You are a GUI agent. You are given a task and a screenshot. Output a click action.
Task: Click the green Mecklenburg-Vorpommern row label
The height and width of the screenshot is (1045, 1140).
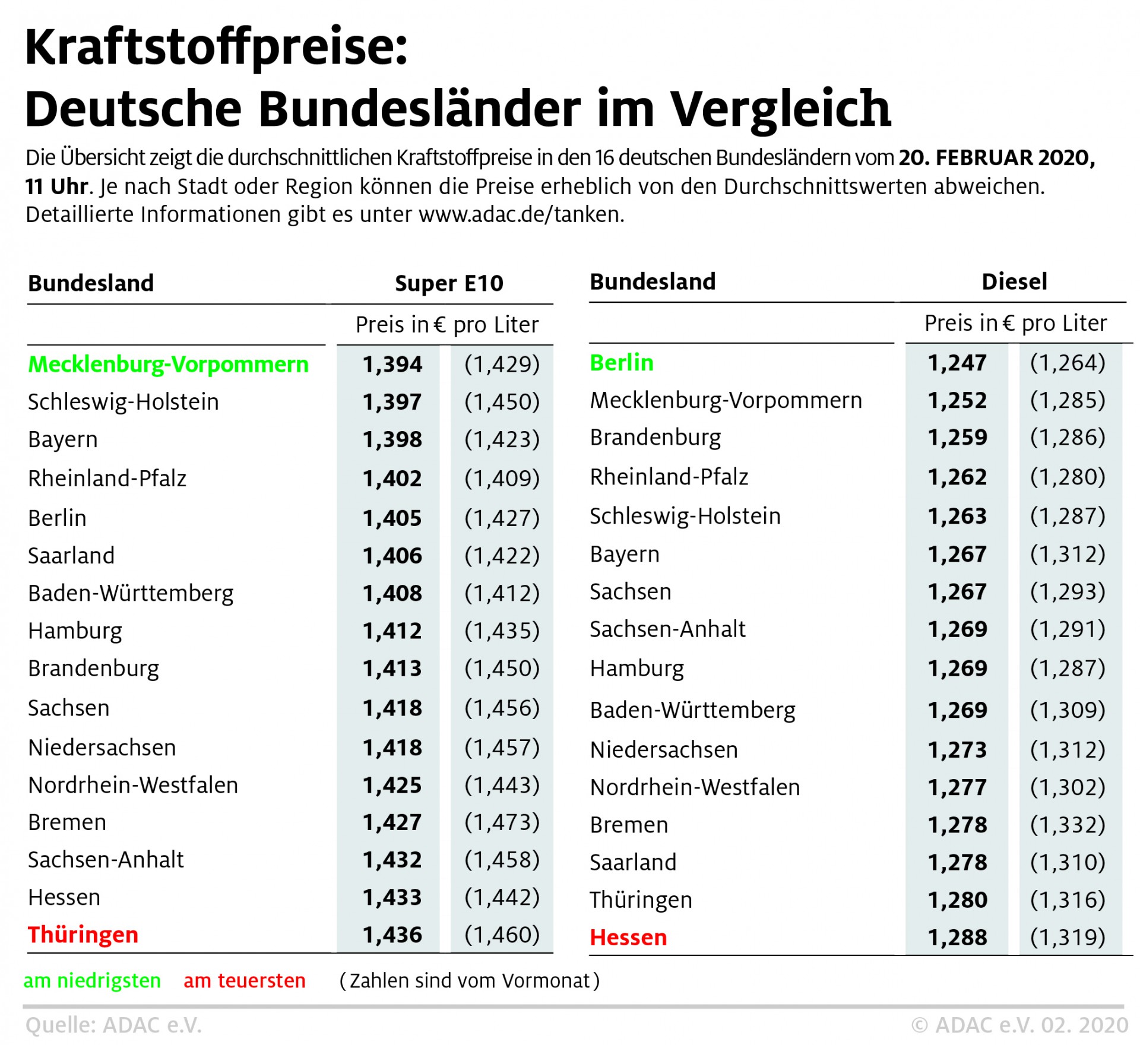pos(168,364)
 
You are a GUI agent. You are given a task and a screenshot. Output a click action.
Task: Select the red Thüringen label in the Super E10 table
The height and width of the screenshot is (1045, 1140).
pos(83,935)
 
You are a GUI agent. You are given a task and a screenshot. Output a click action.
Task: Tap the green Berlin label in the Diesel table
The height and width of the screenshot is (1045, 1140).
pos(621,362)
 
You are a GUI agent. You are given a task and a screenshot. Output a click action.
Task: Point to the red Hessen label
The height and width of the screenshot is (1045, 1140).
pos(628,938)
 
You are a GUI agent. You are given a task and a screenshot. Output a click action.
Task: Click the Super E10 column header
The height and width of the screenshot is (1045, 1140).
pos(449,283)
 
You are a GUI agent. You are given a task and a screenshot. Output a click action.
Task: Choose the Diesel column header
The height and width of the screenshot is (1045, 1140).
pos(1014,281)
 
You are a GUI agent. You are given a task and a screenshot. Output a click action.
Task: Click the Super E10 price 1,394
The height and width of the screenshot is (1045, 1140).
pos(392,364)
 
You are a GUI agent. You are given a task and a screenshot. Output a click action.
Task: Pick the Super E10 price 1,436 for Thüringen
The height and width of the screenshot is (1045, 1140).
pos(392,935)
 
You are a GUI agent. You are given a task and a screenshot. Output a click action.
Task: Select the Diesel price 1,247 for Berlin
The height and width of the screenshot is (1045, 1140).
pos(957,362)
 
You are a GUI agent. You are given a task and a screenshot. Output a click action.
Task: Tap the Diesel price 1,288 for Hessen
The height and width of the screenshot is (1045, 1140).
pos(957,938)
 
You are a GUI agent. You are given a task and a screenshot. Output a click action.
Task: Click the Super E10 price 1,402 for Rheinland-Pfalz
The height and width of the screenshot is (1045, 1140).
pos(392,479)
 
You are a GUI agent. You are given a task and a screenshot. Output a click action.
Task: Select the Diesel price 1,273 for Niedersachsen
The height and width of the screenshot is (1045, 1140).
pos(957,750)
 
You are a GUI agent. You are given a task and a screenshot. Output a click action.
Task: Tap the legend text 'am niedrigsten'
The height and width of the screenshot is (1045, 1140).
pos(92,980)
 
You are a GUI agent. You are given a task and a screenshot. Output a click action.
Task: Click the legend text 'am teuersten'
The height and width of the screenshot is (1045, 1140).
pos(244,980)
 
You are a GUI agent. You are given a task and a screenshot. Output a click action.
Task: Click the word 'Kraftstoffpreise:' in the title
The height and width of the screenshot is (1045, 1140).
pos(217,47)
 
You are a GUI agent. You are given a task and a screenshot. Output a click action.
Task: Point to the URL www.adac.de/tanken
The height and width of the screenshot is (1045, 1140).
pos(521,214)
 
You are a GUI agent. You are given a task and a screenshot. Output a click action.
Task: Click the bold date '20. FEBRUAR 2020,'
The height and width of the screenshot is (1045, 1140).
pos(996,158)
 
